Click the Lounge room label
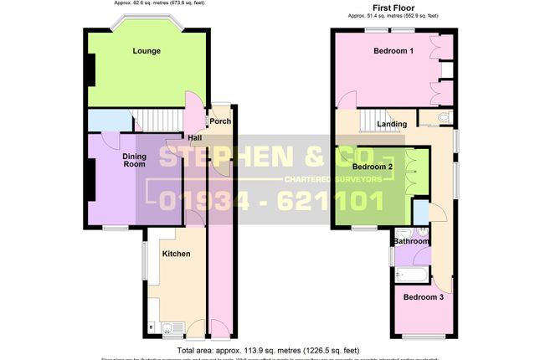pos(147,51)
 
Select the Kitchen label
pos(176,254)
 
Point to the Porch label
pos(220,121)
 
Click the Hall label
pos(194,138)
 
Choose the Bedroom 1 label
pos(393,51)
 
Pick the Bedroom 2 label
pos(373,167)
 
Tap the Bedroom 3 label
pos(423,297)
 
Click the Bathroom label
pos(412,241)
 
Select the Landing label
pos(392,125)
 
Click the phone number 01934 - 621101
pos(270,201)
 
